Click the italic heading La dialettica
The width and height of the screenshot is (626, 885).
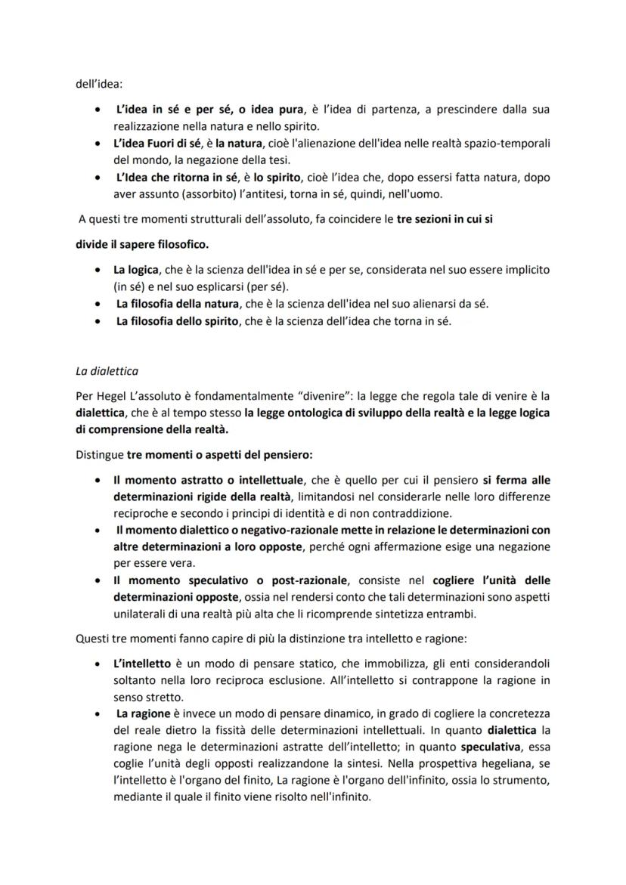[x=107, y=371]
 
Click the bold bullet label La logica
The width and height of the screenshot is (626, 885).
[x=136, y=270]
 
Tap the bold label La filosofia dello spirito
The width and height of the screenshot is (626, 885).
[x=173, y=321]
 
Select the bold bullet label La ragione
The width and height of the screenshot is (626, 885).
[x=143, y=713]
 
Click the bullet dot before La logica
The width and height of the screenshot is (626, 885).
[x=98, y=270]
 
